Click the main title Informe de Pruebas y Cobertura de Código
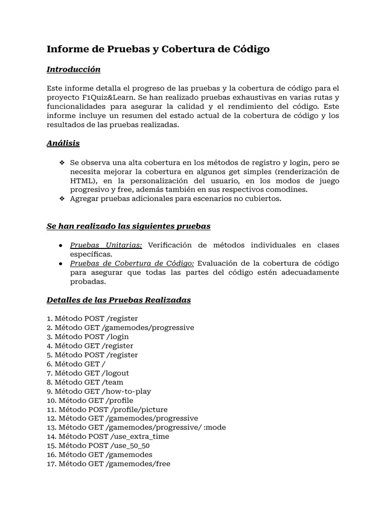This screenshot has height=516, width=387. [158, 49]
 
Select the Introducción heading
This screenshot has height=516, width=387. [74, 69]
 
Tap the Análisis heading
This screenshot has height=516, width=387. [63, 143]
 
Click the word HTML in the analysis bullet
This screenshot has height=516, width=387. [81, 180]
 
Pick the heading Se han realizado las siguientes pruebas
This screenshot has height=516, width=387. [128, 226]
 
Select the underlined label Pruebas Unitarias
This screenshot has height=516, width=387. [106, 245]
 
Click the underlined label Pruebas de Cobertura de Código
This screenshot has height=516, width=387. [132, 264]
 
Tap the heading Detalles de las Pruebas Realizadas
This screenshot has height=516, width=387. [119, 300]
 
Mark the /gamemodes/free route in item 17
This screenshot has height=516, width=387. [138, 464]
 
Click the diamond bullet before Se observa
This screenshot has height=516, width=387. [62, 162]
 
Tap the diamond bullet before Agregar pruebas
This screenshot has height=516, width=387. [62, 199]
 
